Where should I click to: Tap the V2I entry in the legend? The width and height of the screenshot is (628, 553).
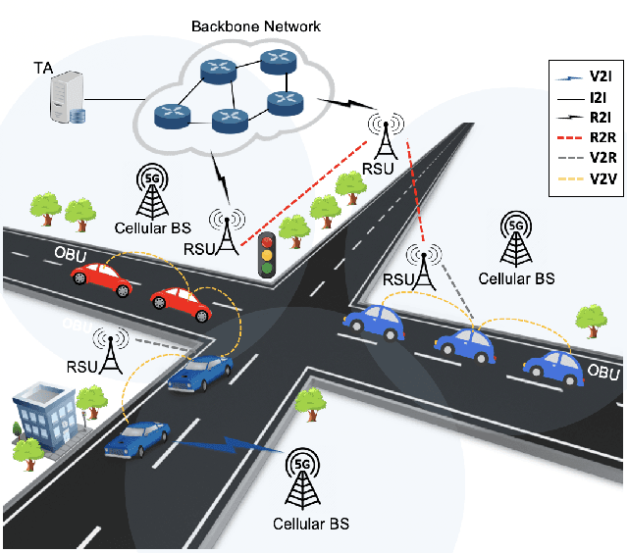click(585, 74)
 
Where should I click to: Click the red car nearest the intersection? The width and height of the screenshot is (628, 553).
click(182, 304)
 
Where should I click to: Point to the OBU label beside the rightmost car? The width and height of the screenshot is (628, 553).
click(602, 374)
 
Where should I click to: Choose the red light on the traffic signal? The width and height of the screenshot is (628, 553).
click(265, 241)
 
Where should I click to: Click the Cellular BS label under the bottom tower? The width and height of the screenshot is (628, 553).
click(310, 525)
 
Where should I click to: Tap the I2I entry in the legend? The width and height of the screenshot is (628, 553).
click(585, 94)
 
